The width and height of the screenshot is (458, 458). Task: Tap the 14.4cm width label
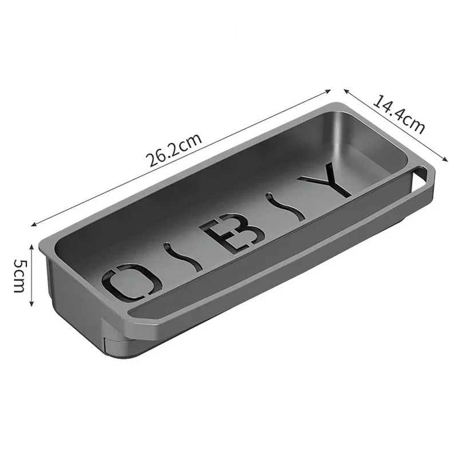click(x=399, y=114)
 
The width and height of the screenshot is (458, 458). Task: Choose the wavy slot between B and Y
click(x=280, y=208)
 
